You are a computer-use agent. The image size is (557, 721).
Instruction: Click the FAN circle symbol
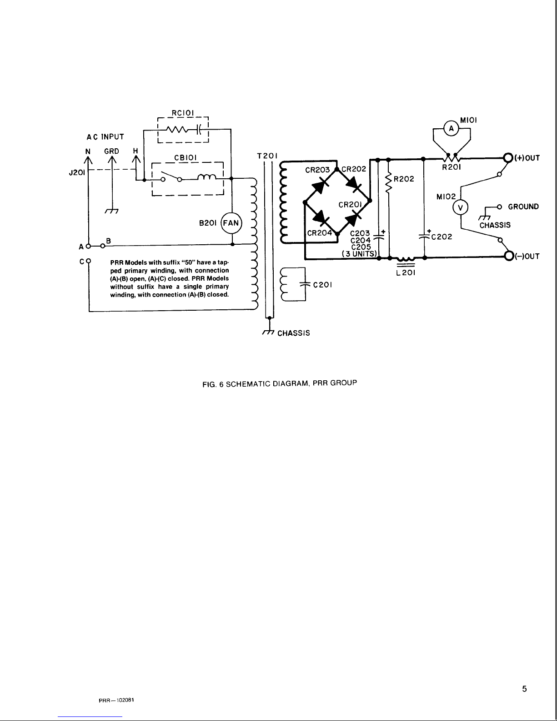(231, 223)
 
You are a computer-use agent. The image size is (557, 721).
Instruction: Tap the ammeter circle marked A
(451, 129)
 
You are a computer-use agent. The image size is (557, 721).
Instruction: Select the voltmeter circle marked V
(460, 208)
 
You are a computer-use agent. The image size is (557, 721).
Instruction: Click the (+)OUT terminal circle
(508, 157)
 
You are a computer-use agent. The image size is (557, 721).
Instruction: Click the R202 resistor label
(404, 179)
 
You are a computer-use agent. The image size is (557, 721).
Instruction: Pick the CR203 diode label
(317, 170)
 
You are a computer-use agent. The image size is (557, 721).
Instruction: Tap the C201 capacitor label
(322, 285)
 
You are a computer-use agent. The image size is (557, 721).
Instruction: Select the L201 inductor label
(406, 273)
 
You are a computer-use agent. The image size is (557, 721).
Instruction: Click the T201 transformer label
(267, 156)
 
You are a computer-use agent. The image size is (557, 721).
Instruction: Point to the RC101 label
(183, 113)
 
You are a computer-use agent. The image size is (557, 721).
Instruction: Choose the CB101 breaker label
(186, 157)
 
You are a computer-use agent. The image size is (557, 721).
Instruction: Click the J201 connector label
(77, 172)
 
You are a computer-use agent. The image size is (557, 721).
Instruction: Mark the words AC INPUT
(105, 137)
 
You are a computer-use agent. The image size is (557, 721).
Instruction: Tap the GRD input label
(111, 151)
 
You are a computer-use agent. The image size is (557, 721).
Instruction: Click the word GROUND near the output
(523, 207)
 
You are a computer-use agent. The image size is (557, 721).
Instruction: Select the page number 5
(525, 689)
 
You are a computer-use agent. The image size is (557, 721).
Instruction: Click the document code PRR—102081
(116, 700)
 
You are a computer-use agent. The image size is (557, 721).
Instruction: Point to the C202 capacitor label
(442, 237)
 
